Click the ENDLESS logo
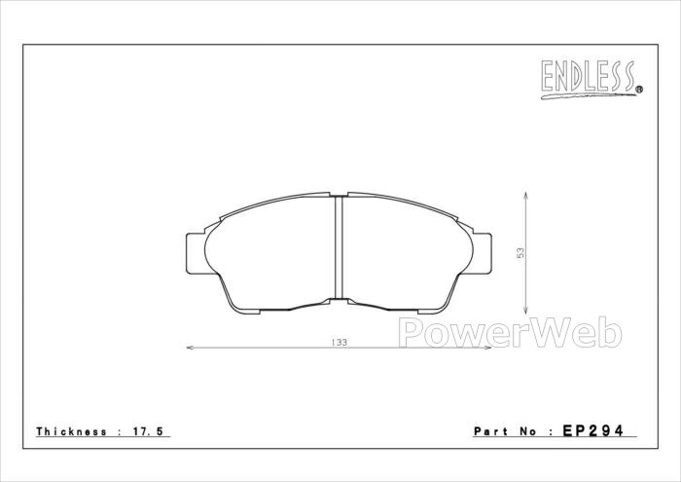[x=591, y=79]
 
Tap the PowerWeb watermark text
[x=511, y=332]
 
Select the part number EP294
[x=592, y=430]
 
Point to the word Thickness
[x=72, y=431]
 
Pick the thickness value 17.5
[x=147, y=431]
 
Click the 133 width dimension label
[x=340, y=343]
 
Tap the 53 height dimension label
[x=520, y=253]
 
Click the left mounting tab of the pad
[x=195, y=253]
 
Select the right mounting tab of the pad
[x=483, y=253]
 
